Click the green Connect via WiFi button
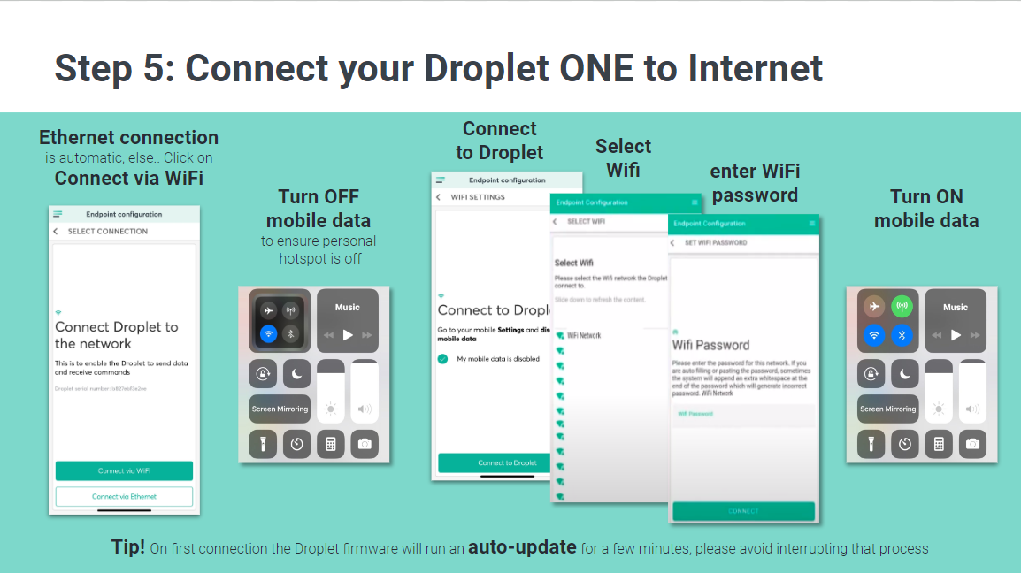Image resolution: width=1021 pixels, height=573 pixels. (x=124, y=470)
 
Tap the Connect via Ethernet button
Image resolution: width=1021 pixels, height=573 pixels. (x=124, y=496)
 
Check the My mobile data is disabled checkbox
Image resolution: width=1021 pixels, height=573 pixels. (x=442, y=359)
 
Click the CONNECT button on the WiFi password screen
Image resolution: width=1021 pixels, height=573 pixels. (x=743, y=511)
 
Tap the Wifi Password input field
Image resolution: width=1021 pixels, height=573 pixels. (x=743, y=415)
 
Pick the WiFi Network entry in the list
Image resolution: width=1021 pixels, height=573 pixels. (x=583, y=335)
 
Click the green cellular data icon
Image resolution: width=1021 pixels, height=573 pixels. (x=902, y=306)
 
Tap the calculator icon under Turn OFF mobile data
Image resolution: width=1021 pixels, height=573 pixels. (x=331, y=444)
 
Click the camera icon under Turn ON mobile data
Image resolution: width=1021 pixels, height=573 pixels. (x=972, y=444)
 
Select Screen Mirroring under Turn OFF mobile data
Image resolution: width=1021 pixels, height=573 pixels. (x=280, y=409)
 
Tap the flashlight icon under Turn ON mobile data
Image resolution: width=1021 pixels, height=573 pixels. (x=871, y=444)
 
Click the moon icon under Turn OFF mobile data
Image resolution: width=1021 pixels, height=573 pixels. (x=296, y=374)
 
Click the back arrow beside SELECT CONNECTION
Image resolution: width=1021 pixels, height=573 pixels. (x=56, y=232)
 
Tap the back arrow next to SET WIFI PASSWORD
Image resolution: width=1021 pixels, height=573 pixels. (x=672, y=242)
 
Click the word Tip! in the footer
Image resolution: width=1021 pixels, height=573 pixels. (x=128, y=547)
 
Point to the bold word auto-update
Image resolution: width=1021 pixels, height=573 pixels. (x=522, y=547)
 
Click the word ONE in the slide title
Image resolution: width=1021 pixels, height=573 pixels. (x=588, y=68)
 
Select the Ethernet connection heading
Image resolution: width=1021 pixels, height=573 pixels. (x=128, y=137)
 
